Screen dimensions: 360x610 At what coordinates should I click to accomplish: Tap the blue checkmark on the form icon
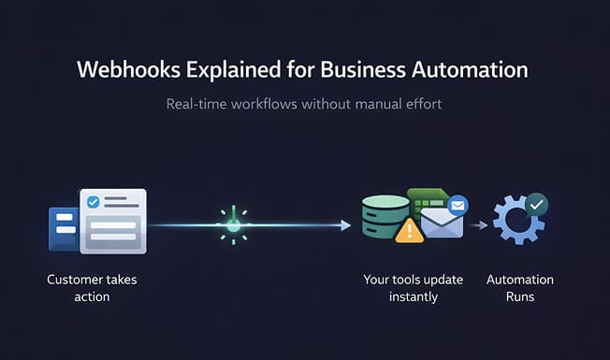pos(93,201)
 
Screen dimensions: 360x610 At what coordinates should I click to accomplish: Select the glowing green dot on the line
pos(233,224)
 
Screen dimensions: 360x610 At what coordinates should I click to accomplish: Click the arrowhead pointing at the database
pos(345,224)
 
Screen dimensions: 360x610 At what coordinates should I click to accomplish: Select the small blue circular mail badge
pos(458,204)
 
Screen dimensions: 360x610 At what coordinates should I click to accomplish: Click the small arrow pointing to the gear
pos(479,225)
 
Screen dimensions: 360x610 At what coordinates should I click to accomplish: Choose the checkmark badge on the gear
pos(536,204)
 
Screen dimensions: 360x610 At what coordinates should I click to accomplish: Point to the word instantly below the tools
pos(412,296)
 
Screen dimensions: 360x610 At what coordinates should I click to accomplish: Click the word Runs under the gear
pos(519,296)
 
